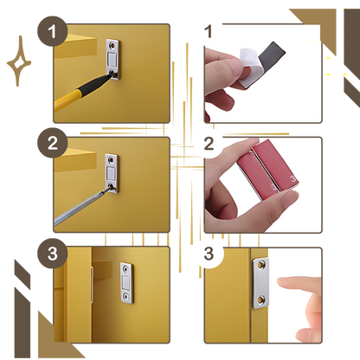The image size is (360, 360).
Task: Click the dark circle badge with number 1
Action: tap(52, 31)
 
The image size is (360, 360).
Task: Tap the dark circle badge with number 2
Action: tap(52, 143)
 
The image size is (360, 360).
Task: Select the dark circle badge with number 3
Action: tap(52, 254)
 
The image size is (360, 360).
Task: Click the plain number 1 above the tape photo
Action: tap(209, 31)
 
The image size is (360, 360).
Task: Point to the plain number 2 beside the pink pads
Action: tap(209, 144)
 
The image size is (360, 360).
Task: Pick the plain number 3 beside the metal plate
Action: tap(209, 254)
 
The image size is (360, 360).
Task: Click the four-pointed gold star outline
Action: tap(19, 61)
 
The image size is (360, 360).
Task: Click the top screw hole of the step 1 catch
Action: tap(112, 45)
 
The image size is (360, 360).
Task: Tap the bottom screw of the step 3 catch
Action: tap(126, 296)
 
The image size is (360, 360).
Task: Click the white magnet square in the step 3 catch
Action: tap(126, 283)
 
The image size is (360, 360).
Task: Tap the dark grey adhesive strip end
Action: tap(272, 54)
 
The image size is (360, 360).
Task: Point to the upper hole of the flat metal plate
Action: tap(261, 264)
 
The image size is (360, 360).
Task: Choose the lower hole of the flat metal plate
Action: tap(261, 300)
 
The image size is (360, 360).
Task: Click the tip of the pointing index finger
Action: tap(278, 281)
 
